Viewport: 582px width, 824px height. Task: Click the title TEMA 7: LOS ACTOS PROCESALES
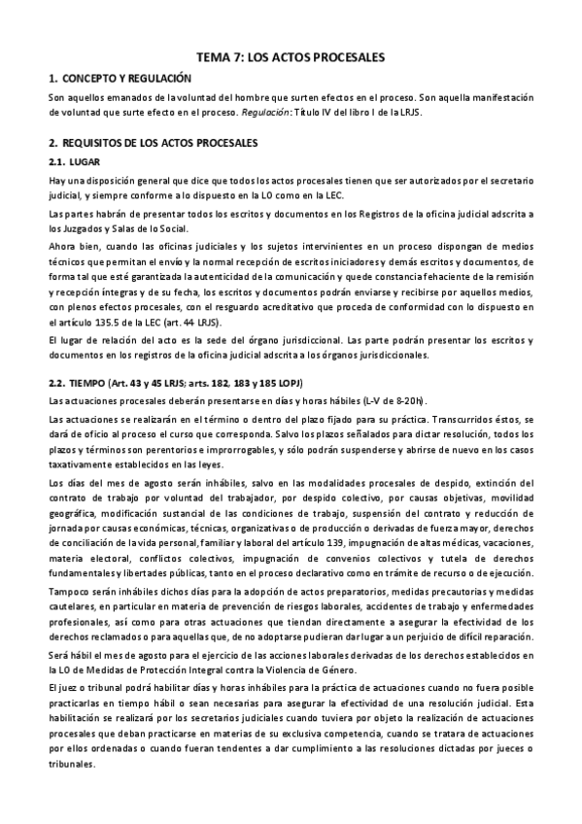(291, 58)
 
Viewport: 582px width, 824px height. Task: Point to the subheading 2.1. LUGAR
(76, 161)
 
